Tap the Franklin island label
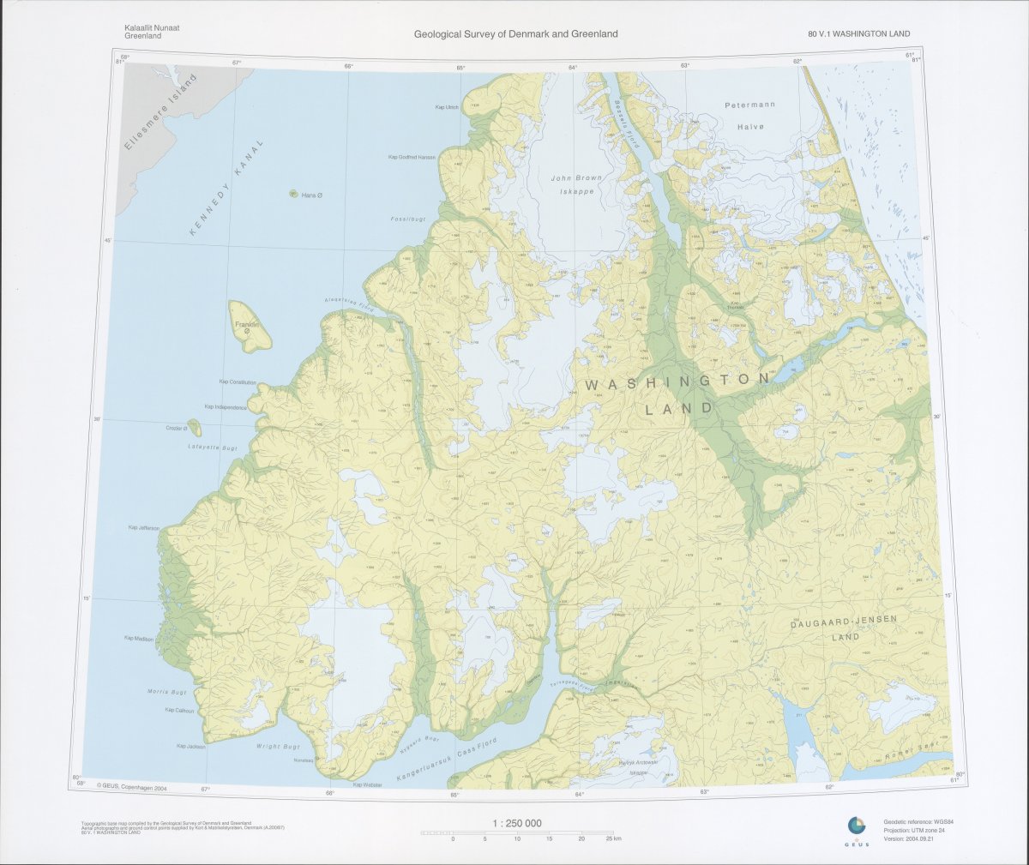[x=247, y=326]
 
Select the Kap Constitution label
[x=238, y=381]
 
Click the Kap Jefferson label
[x=143, y=527]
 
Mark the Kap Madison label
[x=139, y=638]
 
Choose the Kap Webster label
[x=368, y=784]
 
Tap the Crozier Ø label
[x=176, y=428]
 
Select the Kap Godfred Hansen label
[x=412, y=157]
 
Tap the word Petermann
[x=749, y=105]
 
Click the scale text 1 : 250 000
[x=517, y=823]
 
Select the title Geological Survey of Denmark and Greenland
[x=515, y=34]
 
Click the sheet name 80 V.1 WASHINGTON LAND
[x=858, y=34]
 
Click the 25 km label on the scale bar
[x=611, y=838]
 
